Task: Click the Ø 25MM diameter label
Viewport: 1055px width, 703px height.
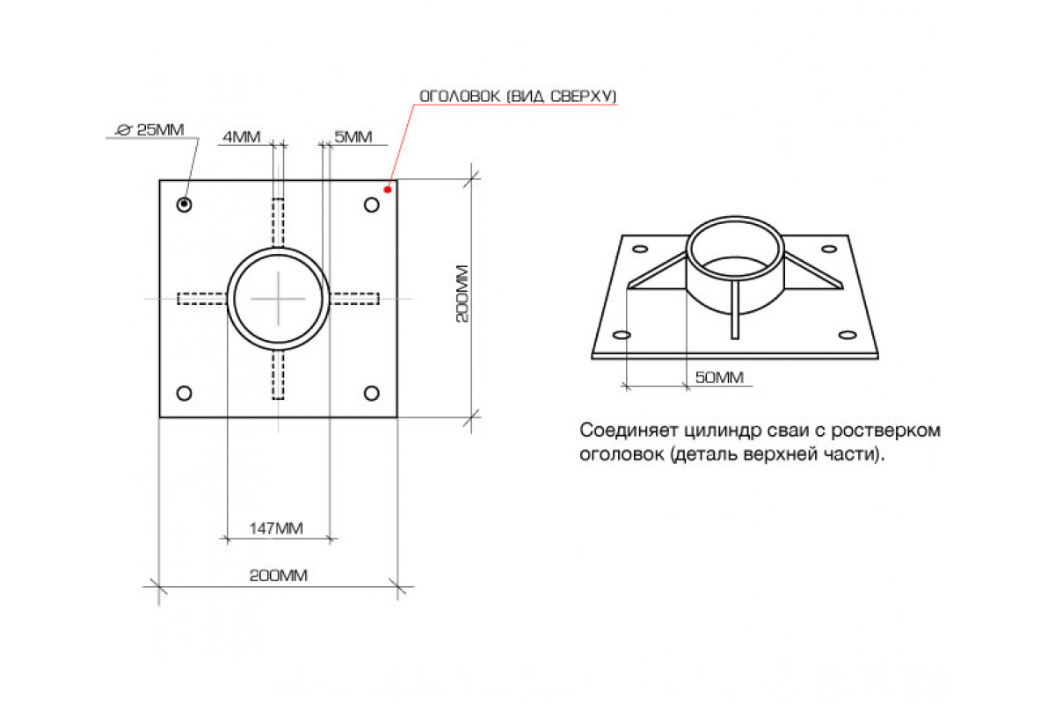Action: pos(150,129)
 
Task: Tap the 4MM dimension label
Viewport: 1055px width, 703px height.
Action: pos(241,136)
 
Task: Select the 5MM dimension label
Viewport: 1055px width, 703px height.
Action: pos(353,136)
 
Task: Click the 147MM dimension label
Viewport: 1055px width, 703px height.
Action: pos(276,528)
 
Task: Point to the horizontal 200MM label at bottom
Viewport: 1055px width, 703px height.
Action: pos(279,576)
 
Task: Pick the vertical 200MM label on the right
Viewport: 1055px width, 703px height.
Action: pos(462,294)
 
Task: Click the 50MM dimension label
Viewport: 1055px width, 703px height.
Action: pos(719,377)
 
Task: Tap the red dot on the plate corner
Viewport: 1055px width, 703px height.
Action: pos(388,190)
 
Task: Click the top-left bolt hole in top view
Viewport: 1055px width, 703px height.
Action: pos(184,205)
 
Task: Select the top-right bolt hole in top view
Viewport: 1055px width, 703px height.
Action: pos(372,205)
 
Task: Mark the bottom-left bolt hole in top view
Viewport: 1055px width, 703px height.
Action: pos(184,393)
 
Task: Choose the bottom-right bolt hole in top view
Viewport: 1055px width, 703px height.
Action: pos(372,393)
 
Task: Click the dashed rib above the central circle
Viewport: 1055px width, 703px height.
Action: pos(279,223)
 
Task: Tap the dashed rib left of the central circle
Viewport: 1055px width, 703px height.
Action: pos(202,299)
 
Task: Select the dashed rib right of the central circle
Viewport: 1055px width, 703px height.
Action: pos(354,299)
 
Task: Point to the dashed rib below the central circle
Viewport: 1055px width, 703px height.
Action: pos(279,375)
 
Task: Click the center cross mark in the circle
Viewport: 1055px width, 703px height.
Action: pos(279,299)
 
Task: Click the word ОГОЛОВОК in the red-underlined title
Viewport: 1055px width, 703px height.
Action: pos(460,96)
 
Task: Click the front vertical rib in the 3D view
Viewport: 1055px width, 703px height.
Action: pos(735,310)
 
